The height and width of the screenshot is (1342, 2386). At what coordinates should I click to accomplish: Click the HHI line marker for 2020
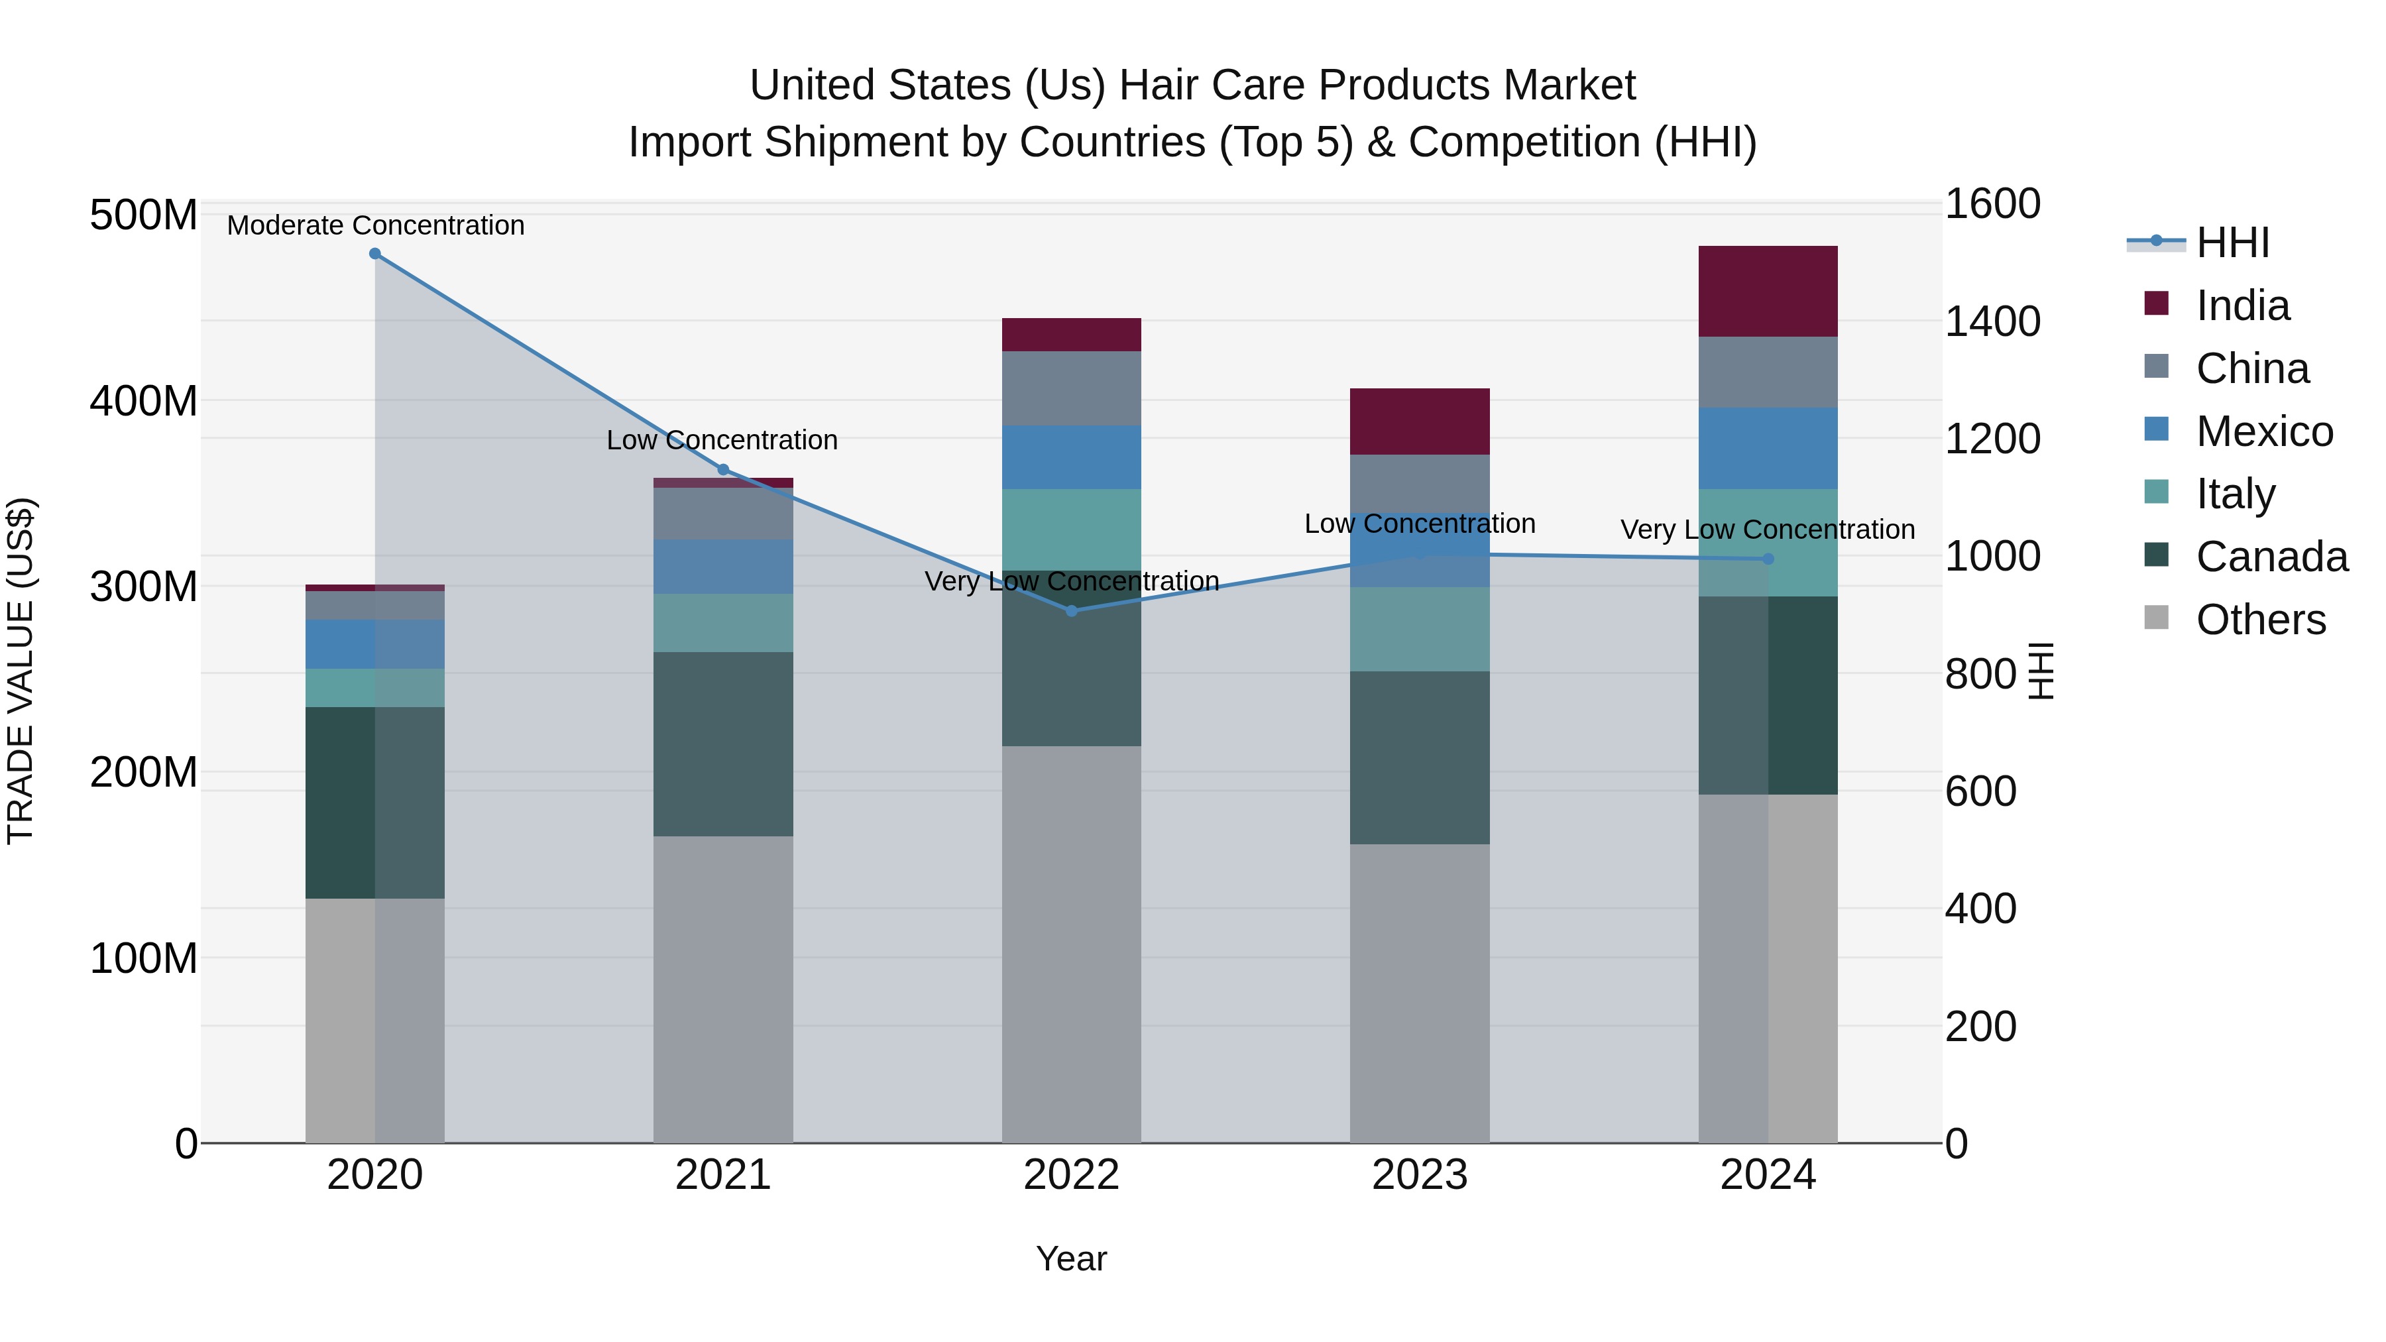click(375, 254)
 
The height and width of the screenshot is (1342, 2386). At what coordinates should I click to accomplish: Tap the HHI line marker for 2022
click(1072, 610)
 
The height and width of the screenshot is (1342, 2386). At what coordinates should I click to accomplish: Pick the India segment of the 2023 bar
click(1419, 421)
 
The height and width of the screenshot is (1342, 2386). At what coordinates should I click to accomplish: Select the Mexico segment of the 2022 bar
click(1072, 457)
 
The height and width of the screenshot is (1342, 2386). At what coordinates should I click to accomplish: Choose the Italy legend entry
click(2235, 494)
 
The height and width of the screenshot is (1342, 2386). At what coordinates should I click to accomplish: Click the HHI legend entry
click(2232, 243)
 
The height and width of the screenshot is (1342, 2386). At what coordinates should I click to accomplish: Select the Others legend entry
click(2260, 620)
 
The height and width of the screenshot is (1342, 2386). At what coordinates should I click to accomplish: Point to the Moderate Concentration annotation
click(375, 225)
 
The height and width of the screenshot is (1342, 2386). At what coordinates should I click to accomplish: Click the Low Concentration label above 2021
click(722, 440)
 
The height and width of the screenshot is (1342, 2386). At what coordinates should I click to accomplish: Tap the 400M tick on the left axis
click(144, 401)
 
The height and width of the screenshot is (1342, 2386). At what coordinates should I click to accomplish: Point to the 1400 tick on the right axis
click(1992, 321)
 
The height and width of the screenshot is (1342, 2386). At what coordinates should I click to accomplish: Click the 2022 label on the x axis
click(1072, 1175)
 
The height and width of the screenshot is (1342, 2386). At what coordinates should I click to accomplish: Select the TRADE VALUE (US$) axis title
click(21, 671)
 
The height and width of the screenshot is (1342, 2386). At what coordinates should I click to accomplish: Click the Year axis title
click(1072, 1258)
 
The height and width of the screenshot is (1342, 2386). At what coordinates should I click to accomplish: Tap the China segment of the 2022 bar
click(1072, 388)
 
